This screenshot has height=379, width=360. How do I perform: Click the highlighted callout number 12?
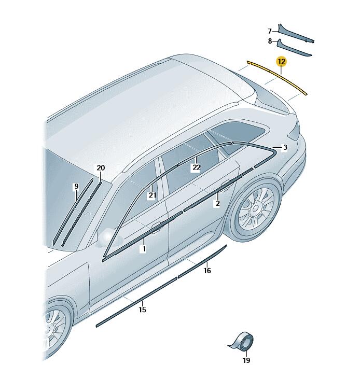tap(282, 62)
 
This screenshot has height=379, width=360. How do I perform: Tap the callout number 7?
tap(270, 31)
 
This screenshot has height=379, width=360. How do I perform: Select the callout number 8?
tap(270, 41)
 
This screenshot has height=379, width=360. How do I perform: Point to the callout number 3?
tap(285, 147)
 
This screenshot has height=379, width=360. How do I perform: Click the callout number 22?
tap(196, 167)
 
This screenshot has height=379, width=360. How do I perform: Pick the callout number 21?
tap(152, 195)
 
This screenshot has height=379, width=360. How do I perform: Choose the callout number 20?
tap(101, 168)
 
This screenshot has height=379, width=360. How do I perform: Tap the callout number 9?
tap(76, 186)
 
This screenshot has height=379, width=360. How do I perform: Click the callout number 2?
tap(217, 203)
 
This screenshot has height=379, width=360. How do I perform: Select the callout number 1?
tap(144, 249)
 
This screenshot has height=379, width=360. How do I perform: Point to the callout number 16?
tap(207, 270)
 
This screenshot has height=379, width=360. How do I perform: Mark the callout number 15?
tap(143, 310)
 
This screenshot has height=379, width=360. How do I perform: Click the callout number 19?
tap(246, 360)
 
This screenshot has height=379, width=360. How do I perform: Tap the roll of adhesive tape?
tap(244, 341)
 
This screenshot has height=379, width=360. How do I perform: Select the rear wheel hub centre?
tap(255, 208)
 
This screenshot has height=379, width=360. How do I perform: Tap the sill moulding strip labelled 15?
tap(136, 302)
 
